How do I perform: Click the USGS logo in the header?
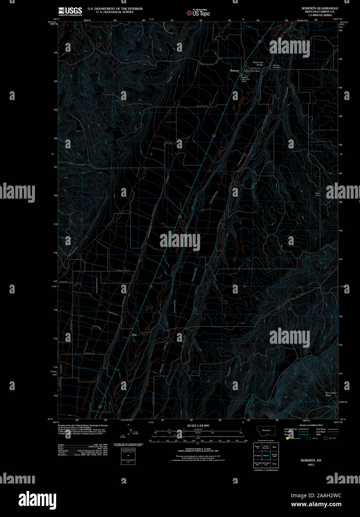70,11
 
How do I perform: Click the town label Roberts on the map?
234,70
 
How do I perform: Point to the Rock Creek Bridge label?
258,64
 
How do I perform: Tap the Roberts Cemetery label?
277,66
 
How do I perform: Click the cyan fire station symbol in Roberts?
241,75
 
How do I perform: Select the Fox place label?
135,335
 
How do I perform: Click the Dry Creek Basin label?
330,394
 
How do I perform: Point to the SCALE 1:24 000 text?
198,425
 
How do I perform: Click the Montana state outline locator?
266,430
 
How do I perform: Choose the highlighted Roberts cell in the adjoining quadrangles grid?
266,455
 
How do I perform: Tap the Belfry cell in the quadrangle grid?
274,464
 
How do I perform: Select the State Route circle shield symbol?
325,438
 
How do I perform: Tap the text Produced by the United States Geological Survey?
83,425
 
